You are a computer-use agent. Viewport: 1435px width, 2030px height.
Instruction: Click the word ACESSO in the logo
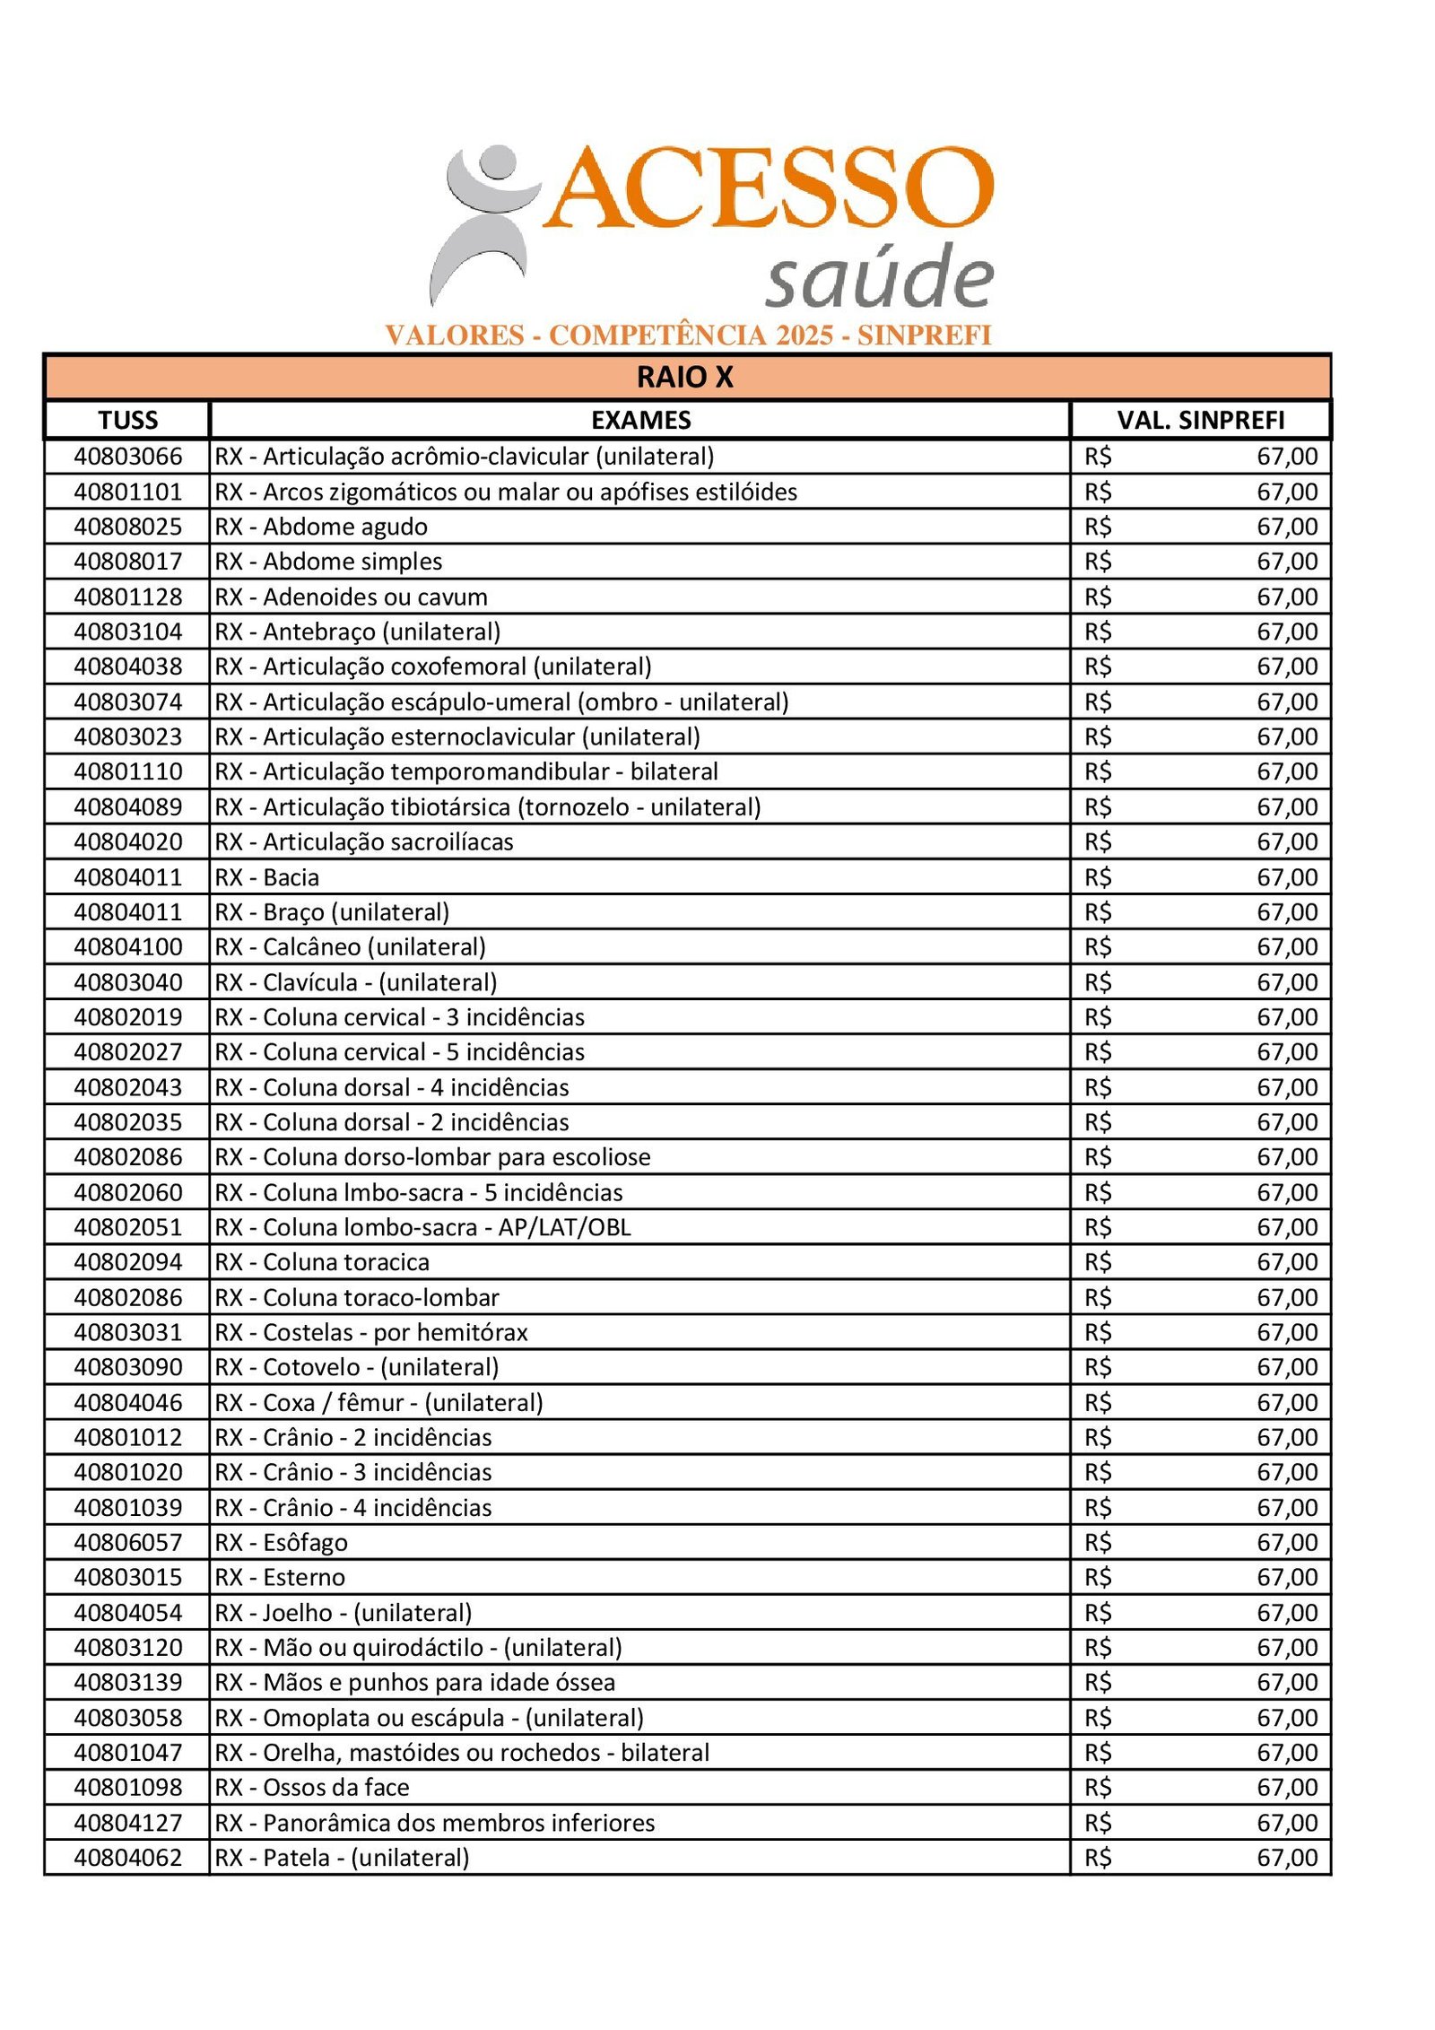click(x=770, y=188)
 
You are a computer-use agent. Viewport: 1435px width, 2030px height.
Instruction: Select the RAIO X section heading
click(x=685, y=378)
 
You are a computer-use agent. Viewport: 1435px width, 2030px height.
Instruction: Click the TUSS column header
click(x=127, y=420)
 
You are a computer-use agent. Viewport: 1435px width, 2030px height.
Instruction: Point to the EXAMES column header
click(x=640, y=420)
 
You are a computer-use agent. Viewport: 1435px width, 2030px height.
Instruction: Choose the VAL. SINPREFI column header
click(x=1200, y=420)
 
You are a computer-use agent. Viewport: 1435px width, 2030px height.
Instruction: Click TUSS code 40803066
click(x=127, y=457)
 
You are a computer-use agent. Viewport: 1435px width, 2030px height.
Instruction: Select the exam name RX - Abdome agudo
click(x=321, y=527)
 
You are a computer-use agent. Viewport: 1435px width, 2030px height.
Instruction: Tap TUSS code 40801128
click(x=127, y=597)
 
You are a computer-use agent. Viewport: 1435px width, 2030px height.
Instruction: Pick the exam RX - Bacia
click(x=267, y=877)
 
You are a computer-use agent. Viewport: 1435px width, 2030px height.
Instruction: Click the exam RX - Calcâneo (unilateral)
click(x=350, y=947)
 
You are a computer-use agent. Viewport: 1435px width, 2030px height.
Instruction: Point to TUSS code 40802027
click(x=127, y=1052)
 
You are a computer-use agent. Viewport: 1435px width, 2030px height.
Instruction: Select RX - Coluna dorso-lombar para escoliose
click(x=432, y=1157)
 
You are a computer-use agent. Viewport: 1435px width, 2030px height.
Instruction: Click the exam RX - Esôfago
click(x=281, y=1543)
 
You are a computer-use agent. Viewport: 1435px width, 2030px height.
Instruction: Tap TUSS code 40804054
click(x=127, y=1613)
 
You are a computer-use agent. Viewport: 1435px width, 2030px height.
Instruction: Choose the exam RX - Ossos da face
click(x=312, y=1788)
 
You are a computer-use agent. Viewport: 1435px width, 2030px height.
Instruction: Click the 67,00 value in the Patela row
click(x=1287, y=1858)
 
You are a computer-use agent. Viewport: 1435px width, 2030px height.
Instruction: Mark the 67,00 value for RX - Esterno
click(x=1287, y=1578)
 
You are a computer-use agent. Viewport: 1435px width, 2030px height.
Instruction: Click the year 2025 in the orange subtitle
click(x=804, y=335)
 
